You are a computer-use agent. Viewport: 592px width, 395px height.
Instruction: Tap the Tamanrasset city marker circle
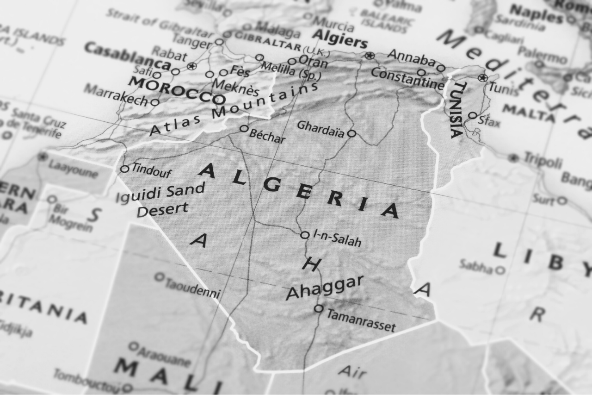click(x=319, y=308)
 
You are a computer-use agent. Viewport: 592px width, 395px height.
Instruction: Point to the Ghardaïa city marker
click(x=351, y=133)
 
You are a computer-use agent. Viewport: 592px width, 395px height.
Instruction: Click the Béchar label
click(x=267, y=136)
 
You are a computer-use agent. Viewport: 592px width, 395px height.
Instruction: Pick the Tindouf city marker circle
click(x=124, y=169)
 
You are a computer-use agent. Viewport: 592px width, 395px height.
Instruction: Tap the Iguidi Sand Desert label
click(x=160, y=200)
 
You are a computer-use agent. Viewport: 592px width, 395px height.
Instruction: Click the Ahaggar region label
click(x=325, y=287)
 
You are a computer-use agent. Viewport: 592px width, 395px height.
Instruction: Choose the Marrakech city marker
click(x=155, y=102)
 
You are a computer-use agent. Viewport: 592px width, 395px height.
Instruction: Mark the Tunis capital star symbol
click(x=484, y=78)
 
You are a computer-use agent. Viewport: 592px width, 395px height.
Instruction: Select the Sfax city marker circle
click(x=472, y=115)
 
